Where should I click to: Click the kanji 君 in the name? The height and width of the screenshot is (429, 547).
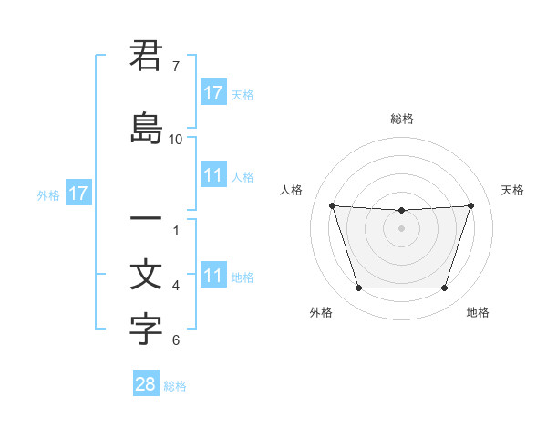tap(146, 56)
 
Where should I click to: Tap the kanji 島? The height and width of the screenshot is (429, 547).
tap(146, 129)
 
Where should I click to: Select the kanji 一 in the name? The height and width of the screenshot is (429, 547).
tap(146, 220)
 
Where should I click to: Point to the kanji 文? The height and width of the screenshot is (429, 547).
tap(146, 276)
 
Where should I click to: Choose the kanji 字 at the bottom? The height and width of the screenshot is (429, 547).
tap(146, 330)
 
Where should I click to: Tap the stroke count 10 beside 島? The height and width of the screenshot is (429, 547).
tap(176, 139)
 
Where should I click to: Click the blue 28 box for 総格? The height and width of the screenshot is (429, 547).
tap(146, 384)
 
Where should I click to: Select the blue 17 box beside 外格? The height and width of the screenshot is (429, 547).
tap(77, 194)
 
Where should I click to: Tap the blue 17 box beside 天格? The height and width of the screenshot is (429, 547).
tap(212, 92)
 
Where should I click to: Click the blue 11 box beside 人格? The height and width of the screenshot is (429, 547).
tap(212, 175)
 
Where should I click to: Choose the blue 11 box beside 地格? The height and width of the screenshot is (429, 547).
tap(212, 276)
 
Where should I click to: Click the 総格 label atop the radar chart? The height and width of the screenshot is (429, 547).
tap(401, 119)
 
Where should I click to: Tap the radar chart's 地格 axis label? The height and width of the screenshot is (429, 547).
tap(478, 312)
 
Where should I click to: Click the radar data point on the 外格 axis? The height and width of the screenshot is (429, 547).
tap(358, 288)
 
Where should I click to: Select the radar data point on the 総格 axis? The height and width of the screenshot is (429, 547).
tap(401, 211)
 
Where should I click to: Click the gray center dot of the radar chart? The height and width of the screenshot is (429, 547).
tap(401, 228)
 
